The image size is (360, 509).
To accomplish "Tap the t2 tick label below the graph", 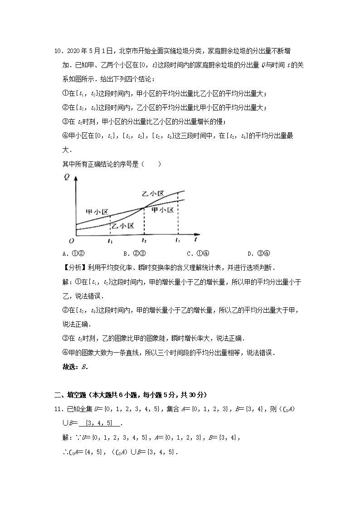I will click(x=144, y=241).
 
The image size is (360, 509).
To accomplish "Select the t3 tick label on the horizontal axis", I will click(x=178, y=241).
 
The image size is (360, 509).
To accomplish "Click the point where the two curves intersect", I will click(x=144, y=208).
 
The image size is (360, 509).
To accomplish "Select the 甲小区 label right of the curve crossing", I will click(x=163, y=210).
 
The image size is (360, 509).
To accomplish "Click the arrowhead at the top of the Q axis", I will click(x=77, y=176).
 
